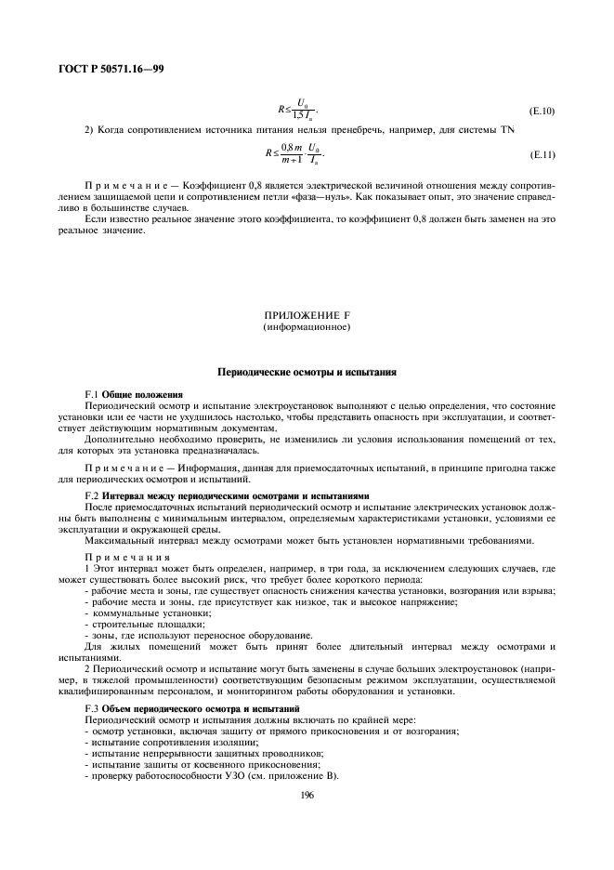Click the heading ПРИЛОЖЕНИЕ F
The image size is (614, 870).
tap(307, 316)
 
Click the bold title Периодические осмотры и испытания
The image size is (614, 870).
tap(307, 372)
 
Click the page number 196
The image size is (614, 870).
tap(307, 795)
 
